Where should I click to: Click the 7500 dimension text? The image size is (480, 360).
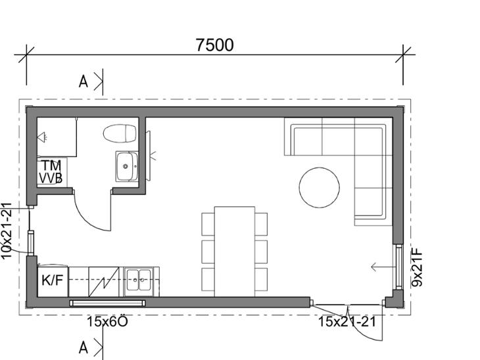pyautogui.click(x=214, y=45)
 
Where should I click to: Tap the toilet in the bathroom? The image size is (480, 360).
pyautogui.click(x=120, y=133)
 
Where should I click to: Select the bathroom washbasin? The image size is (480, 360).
pyautogui.click(x=127, y=166)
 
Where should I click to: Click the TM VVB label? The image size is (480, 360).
pyautogui.click(x=51, y=171)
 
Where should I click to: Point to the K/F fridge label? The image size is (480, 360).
pyautogui.click(x=53, y=280)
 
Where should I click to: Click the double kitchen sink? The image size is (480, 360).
pyautogui.click(x=139, y=280)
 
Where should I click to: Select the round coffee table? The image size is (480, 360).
pyautogui.click(x=320, y=187)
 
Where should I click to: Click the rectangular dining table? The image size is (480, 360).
pyautogui.click(x=235, y=252)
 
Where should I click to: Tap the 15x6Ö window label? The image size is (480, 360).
pyautogui.click(x=107, y=322)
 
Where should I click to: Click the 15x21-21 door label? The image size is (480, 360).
pyautogui.click(x=347, y=322)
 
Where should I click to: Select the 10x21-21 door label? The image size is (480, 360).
pyautogui.click(x=6, y=231)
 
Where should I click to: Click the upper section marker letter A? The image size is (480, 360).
pyautogui.click(x=84, y=81)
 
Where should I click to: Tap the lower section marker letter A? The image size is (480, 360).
pyautogui.click(x=84, y=348)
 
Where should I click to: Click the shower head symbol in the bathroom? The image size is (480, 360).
pyautogui.click(x=42, y=137)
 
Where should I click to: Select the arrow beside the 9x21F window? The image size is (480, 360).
pyautogui.click(x=382, y=267)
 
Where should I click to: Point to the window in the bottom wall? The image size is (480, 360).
pyautogui.click(x=107, y=303)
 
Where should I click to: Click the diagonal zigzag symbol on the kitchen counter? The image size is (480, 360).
pyautogui.click(x=104, y=282)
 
